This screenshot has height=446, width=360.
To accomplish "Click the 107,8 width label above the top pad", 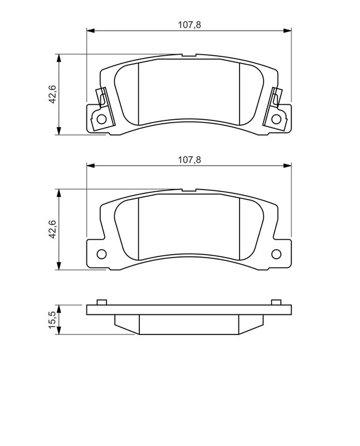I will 189,24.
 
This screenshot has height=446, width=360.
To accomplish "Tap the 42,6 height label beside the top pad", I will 52,94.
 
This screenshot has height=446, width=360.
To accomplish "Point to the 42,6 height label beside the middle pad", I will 52,229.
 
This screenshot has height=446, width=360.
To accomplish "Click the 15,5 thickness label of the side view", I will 52,319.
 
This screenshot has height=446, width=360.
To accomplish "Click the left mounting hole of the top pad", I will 101,119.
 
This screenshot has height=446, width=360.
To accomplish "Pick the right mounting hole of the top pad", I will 276,119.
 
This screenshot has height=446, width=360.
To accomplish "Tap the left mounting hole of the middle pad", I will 101,254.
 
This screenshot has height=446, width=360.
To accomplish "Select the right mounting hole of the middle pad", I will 276,254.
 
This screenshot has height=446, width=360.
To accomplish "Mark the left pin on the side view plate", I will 101,302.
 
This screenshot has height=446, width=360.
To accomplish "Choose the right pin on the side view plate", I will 275,302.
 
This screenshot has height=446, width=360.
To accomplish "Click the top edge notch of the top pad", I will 188,56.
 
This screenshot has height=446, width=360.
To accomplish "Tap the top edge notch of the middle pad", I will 188,191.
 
